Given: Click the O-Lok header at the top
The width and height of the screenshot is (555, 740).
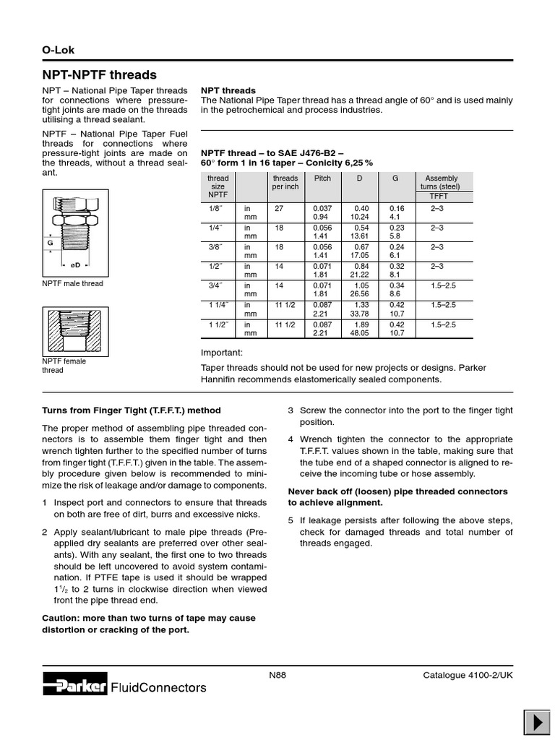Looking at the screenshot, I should click(x=59, y=50).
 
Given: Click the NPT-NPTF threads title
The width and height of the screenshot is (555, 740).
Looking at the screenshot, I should click(x=99, y=75).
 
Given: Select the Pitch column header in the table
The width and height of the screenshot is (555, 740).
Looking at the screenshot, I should click(x=322, y=178).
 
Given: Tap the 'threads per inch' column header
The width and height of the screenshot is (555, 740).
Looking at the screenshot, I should click(x=285, y=182).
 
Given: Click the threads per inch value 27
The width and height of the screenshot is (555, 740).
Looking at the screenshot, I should click(x=279, y=207).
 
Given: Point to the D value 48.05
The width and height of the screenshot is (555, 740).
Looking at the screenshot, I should click(x=359, y=333).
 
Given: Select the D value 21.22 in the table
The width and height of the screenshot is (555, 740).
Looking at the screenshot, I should click(x=359, y=275).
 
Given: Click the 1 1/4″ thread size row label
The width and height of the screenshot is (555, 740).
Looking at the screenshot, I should click(x=217, y=306).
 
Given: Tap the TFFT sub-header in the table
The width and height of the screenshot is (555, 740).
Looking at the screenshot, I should click(x=439, y=196).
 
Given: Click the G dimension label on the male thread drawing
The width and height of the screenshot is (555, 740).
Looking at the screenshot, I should click(x=51, y=244).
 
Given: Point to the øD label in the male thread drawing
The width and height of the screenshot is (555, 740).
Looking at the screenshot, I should click(x=74, y=265).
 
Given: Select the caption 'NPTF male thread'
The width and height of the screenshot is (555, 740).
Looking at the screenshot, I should click(x=73, y=283).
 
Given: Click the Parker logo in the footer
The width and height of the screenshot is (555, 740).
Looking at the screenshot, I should click(x=74, y=687).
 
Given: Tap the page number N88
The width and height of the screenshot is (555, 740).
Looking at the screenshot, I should click(x=277, y=675).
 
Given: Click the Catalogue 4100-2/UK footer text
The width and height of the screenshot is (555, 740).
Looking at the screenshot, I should click(x=468, y=675).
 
